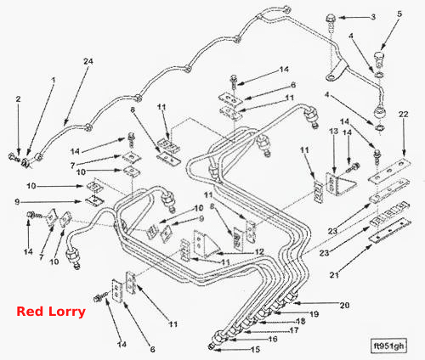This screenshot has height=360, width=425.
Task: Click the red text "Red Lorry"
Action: [51, 312]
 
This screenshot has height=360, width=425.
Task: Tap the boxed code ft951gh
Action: [388, 346]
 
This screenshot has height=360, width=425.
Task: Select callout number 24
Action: [88, 61]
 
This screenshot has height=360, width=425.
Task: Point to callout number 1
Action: [54, 81]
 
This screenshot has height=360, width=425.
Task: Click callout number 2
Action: [19, 99]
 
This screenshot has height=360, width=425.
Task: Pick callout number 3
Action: [373, 17]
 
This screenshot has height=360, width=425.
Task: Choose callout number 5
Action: [399, 14]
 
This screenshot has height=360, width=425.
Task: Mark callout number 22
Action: [403, 114]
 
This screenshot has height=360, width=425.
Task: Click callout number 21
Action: [334, 274]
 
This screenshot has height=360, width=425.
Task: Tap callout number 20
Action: [344, 306]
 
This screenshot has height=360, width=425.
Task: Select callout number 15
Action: [255, 350]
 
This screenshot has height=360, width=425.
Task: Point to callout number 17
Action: [293, 330]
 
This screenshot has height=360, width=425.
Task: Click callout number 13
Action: [334, 132]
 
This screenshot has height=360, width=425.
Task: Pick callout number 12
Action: [259, 251]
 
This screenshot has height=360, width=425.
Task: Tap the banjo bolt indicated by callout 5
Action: [379, 59]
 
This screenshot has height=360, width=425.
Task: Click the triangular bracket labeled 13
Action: [341, 183]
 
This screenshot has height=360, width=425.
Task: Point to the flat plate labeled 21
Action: [389, 231]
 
